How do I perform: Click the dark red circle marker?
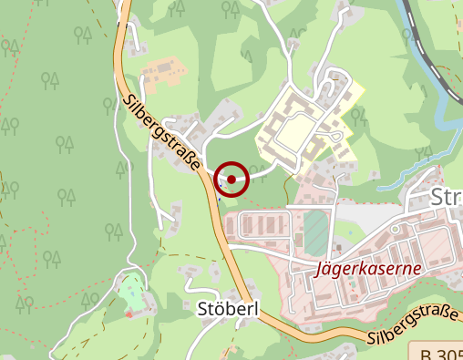tap(232, 180)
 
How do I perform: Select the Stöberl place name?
tap(228, 309)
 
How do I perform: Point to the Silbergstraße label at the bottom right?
tap(415, 326)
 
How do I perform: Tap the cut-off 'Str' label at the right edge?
tap(447, 199)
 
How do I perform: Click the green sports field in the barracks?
tap(314, 232)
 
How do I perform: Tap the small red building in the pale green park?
tap(129, 314)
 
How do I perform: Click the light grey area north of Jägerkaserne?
tap(365, 214)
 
